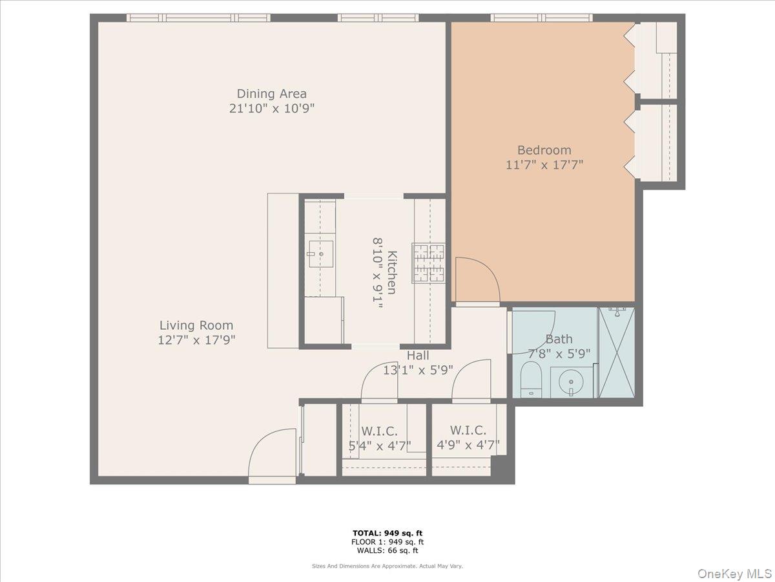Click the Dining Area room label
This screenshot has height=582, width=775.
(x=271, y=94)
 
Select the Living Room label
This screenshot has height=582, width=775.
(x=196, y=325)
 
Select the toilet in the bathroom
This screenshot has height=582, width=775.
(x=532, y=379)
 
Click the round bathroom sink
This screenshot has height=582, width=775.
(x=571, y=382)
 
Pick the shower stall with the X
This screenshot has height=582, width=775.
(x=617, y=352)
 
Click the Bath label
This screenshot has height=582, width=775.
(x=559, y=339)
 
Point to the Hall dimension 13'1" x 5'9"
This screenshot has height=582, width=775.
(x=418, y=370)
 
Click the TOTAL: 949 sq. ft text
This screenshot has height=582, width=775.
(x=387, y=533)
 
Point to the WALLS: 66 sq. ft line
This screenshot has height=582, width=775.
(x=387, y=551)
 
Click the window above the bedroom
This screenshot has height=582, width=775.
(x=541, y=17)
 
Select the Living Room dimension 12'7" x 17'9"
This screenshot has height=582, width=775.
(x=196, y=339)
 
